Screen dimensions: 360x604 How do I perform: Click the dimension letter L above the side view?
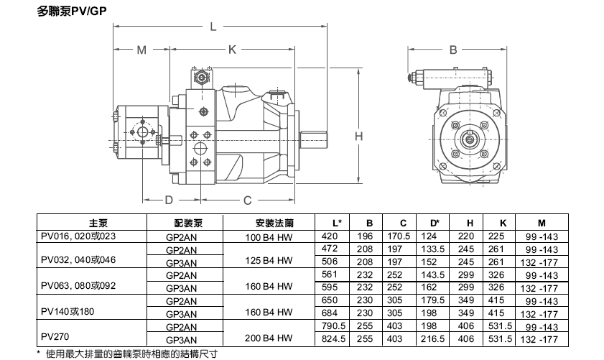point(213,28)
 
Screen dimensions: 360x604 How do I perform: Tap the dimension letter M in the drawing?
point(141,50)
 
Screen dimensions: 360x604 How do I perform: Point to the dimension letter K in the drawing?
point(232,50)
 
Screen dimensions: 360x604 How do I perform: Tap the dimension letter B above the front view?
point(453,50)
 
